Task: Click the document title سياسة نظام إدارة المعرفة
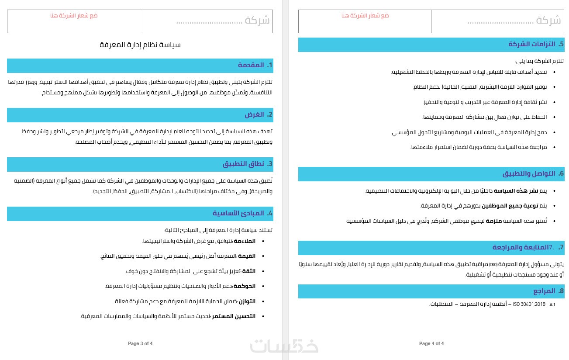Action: click(140, 45)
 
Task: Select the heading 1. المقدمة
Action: click(255, 65)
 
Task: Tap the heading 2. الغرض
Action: click(259, 114)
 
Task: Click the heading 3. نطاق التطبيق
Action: click(248, 164)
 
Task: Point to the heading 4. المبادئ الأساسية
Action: click(242, 213)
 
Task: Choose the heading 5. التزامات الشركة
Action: click(536, 44)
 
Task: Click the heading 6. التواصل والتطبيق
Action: click(533, 173)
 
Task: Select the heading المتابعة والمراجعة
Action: click(521, 247)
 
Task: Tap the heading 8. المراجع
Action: click(548, 291)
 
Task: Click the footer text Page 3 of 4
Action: click(140, 343)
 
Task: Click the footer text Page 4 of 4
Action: click(431, 343)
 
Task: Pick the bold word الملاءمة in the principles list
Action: click(245, 241)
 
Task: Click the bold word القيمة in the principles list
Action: click(247, 256)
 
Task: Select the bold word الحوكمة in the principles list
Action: click(245, 286)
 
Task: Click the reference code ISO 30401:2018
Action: click(529, 304)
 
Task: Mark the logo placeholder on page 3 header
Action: click(74, 16)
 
